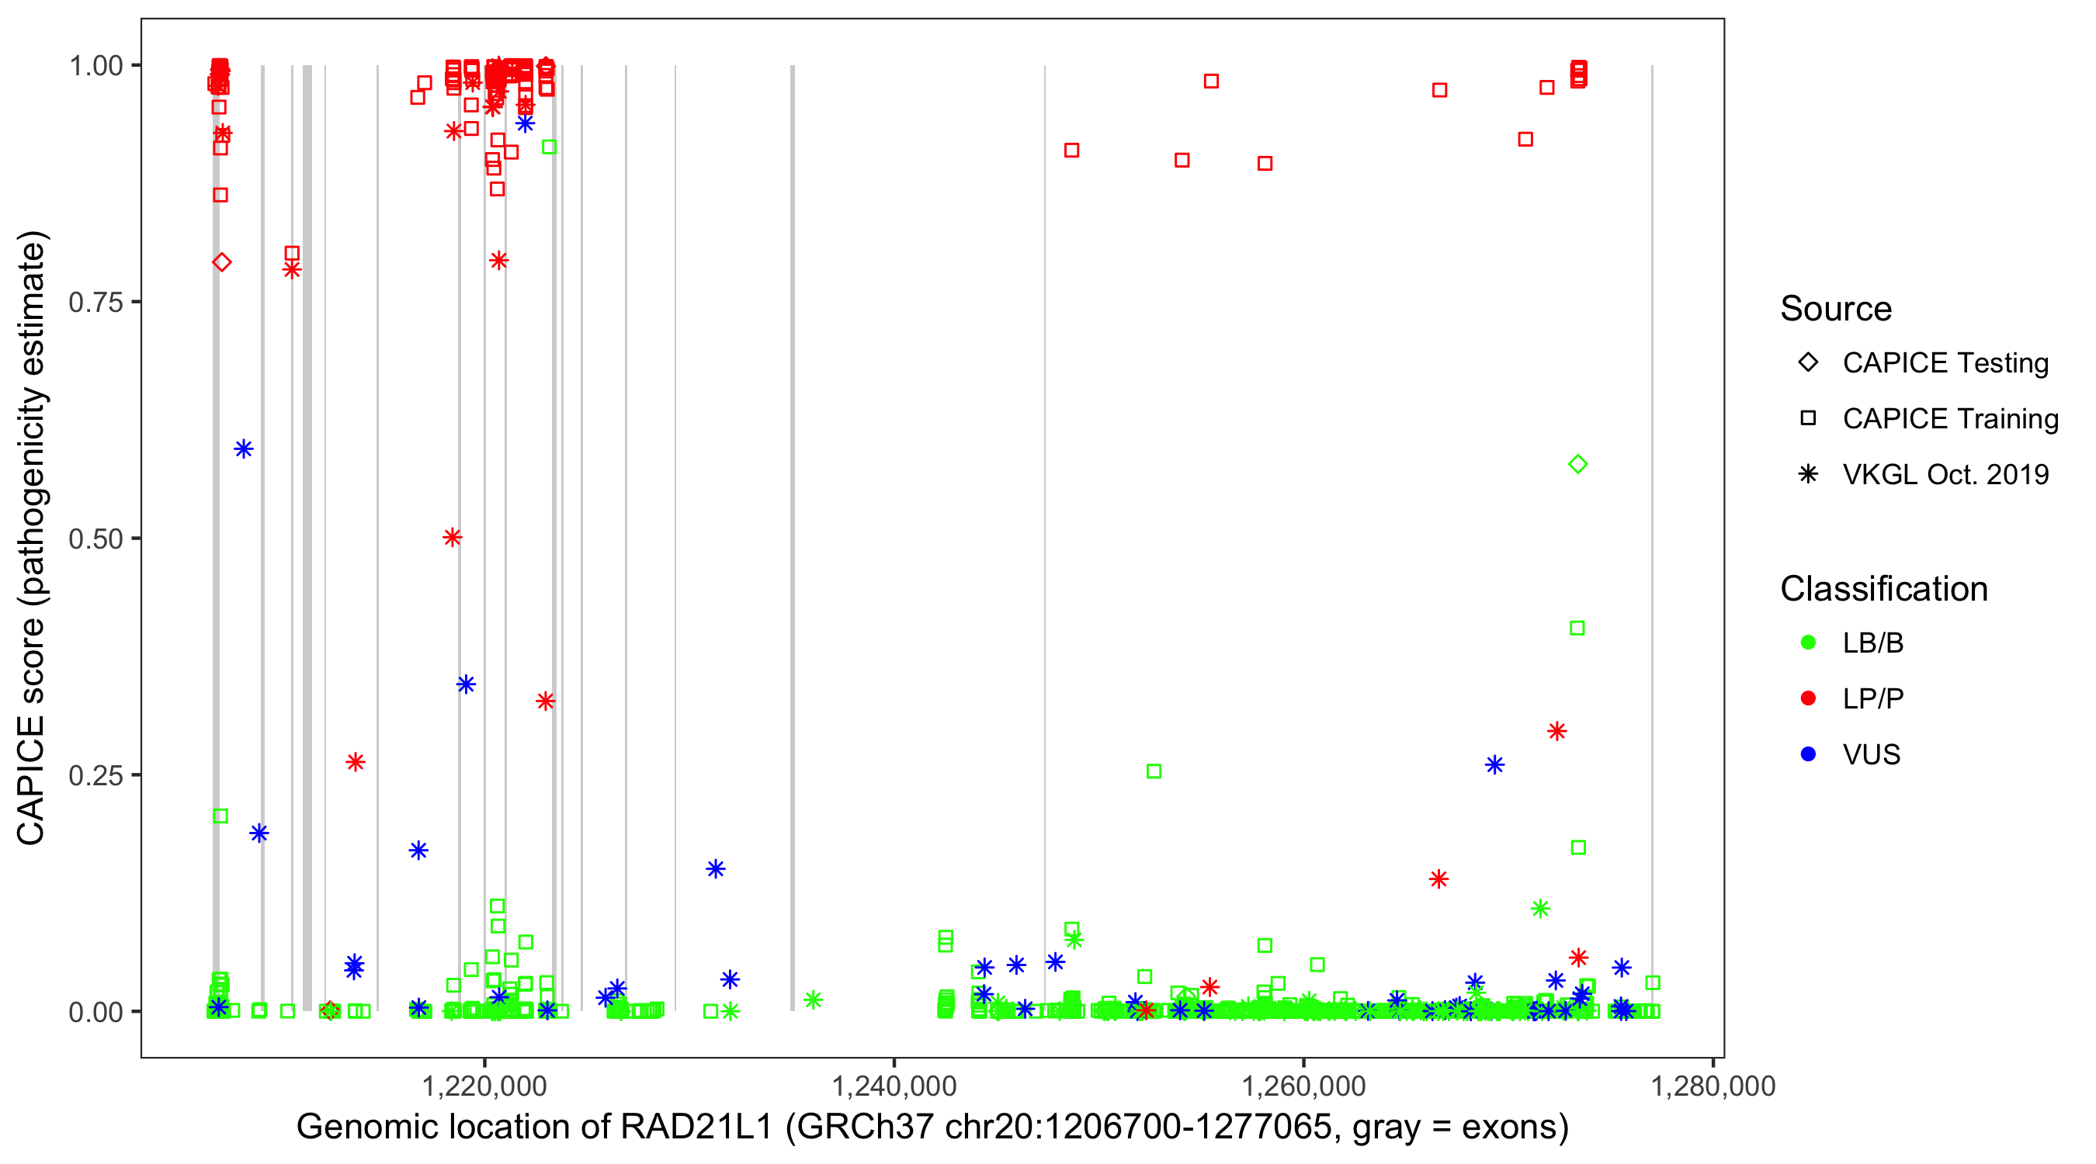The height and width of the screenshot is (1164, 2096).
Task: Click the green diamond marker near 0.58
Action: coord(1577,465)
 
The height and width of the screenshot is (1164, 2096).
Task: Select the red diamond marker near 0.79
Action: coord(221,262)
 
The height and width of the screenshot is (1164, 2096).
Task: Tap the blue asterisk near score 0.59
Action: coord(243,449)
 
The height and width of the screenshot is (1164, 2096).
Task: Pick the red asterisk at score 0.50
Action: coord(453,538)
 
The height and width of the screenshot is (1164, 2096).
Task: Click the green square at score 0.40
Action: coord(1577,628)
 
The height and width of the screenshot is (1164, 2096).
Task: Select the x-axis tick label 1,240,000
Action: coord(894,1086)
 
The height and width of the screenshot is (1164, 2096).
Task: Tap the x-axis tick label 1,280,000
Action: coord(1713,1086)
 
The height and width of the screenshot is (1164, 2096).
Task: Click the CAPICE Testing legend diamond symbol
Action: coord(1808,362)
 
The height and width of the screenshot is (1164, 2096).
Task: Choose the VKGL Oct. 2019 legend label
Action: coord(1945,474)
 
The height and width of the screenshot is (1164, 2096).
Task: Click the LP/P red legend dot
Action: coord(1808,698)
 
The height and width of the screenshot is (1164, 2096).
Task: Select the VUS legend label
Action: coord(1872,755)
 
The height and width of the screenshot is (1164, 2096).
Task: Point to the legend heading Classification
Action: coord(1883,589)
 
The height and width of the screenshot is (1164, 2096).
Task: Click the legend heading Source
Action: coord(1836,309)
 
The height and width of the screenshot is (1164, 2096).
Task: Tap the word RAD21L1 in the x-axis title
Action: coord(696,1128)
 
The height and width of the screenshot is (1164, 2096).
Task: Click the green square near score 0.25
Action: coord(1154,771)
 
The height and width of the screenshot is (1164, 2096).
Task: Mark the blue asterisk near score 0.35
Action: coord(466,684)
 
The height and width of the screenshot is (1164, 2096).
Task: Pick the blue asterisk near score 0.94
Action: coord(525,123)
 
